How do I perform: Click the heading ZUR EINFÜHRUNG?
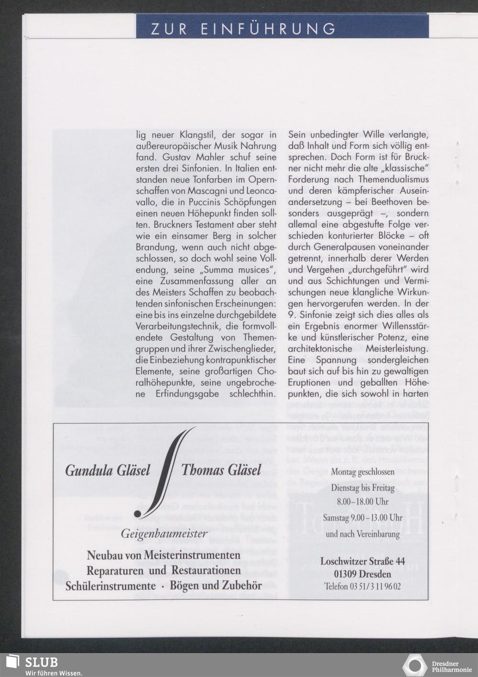click(243, 29)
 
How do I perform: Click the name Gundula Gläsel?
click(107, 470)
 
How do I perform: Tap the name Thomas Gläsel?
click(221, 470)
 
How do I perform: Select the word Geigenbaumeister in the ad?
click(164, 533)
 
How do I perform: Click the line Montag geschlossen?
click(363, 472)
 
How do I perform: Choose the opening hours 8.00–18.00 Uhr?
click(363, 502)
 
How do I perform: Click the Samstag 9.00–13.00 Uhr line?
click(363, 518)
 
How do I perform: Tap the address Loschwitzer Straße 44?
click(363, 561)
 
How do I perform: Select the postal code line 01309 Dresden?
click(363, 574)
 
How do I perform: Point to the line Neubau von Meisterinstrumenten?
click(163, 556)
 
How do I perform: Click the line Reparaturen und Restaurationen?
click(163, 571)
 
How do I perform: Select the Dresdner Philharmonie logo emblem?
click(414, 665)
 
